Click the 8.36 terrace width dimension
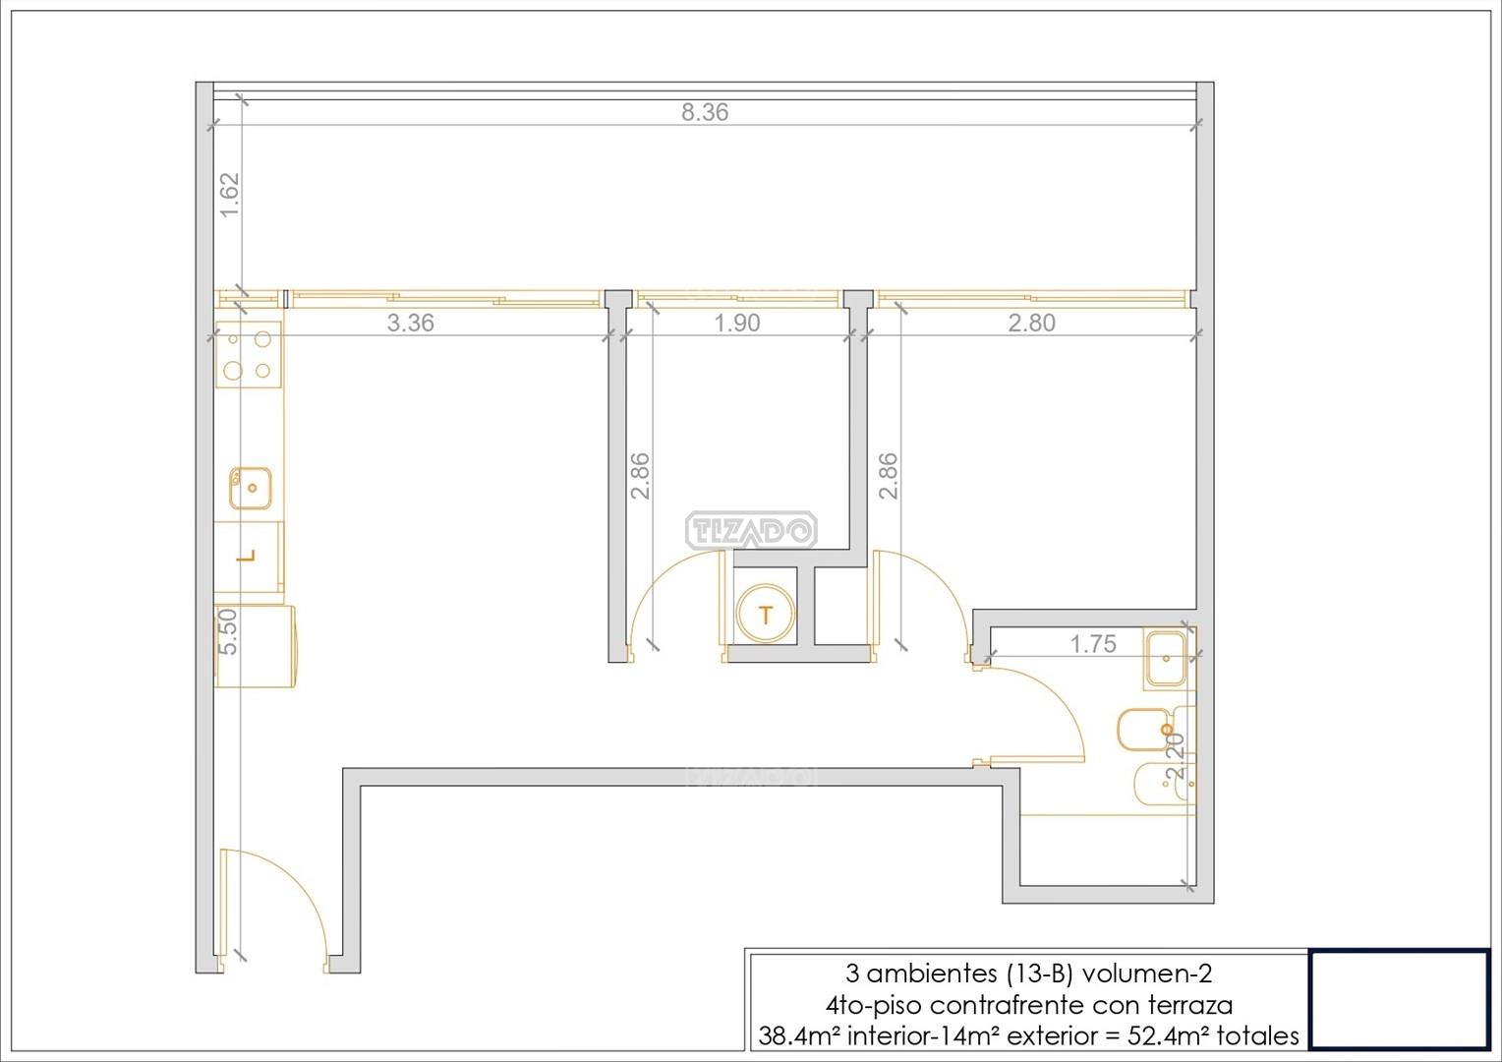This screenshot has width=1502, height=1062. click(x=705, y=112)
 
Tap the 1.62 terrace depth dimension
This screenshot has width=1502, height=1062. click(x=229, y=196)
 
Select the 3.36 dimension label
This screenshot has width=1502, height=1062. click(x=410, y=323)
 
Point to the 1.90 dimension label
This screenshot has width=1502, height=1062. click(x=737, y=323)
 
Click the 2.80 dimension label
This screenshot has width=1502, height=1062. click(x=1032, y=323)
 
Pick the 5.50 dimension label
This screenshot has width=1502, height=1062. click(x=228, y=632)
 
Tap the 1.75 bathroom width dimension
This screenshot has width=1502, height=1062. click(x=1093, y=644)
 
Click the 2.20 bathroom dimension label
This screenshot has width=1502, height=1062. click(x=1176, y=755)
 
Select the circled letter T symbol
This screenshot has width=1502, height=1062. click(x=765, y=614)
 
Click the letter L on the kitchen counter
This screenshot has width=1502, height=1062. click(x=248, y=557)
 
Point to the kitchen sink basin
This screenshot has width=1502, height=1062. click(x=250, y=488)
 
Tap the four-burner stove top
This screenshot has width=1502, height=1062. click(x=248, y=354)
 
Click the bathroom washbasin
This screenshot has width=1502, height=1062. click(x=1166, y=659)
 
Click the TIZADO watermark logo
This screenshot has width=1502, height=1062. click(x=750, y=531)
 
